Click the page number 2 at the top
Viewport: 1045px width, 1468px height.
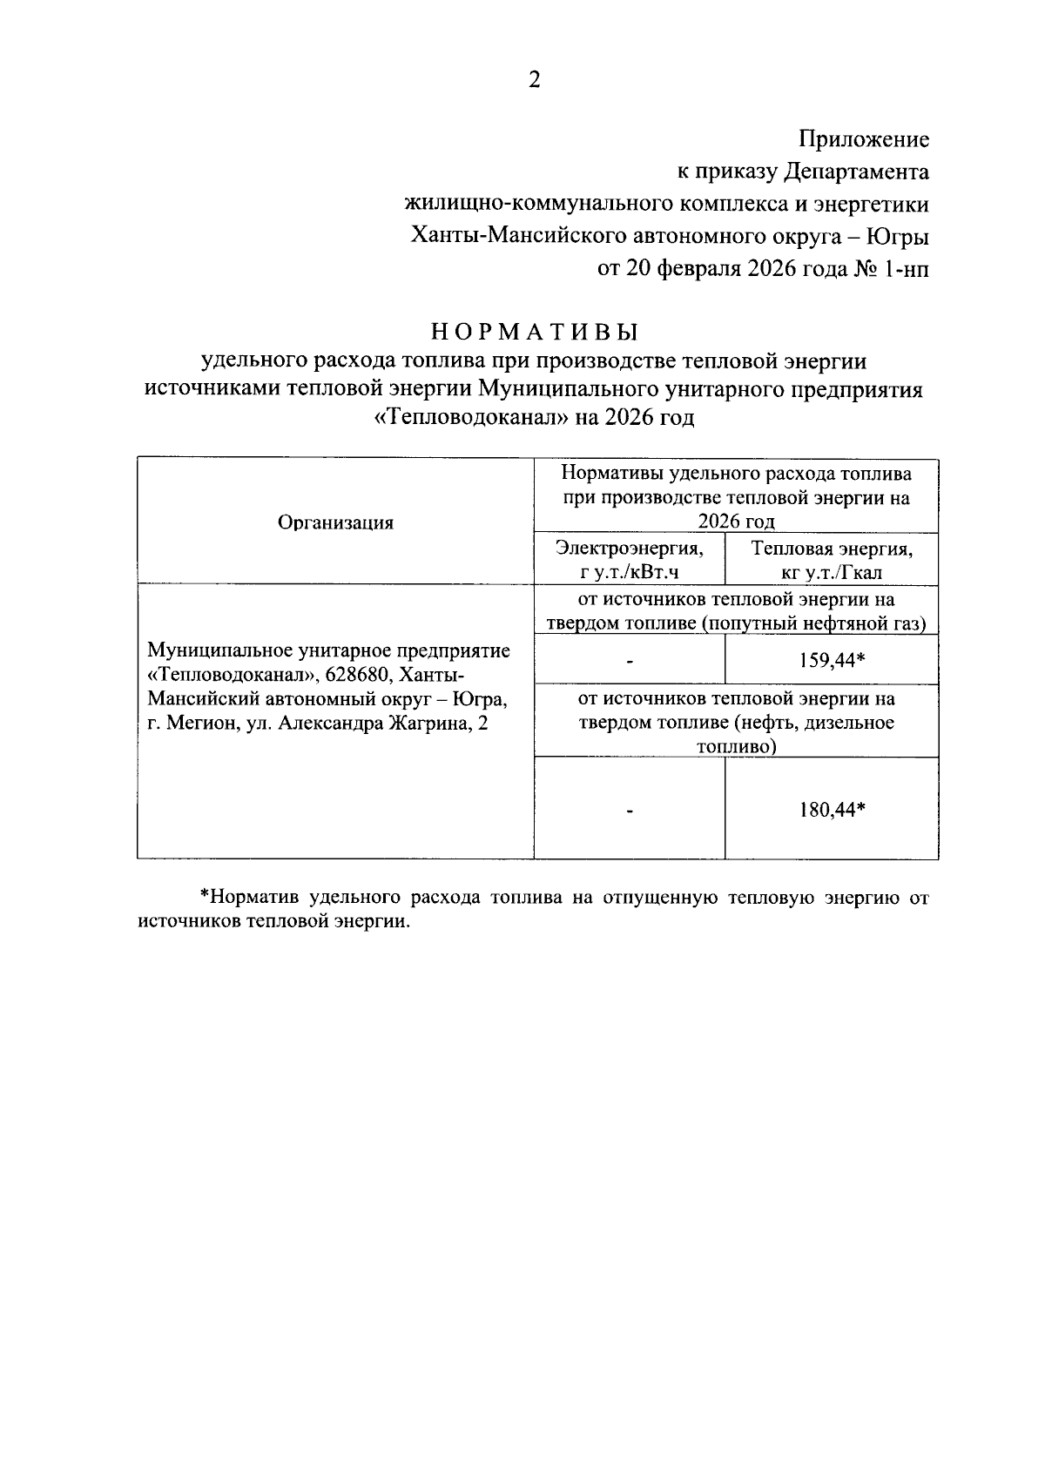(x=535, y=80)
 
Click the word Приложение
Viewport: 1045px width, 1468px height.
(x=864, y=139)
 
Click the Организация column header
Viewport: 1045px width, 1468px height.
(x=335, y=522)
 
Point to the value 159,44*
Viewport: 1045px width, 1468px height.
(x=832, y=660)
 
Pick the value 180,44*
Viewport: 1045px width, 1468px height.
(x=832, y=810)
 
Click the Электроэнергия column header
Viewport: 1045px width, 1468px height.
(x=629, y=549)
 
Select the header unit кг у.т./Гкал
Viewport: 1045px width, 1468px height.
(x=832, y=572)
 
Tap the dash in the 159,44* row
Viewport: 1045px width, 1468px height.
(x=629, y=661)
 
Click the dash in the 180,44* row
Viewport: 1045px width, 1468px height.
(x=629, y=811)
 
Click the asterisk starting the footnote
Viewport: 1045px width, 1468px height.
(x=206, y=897)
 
